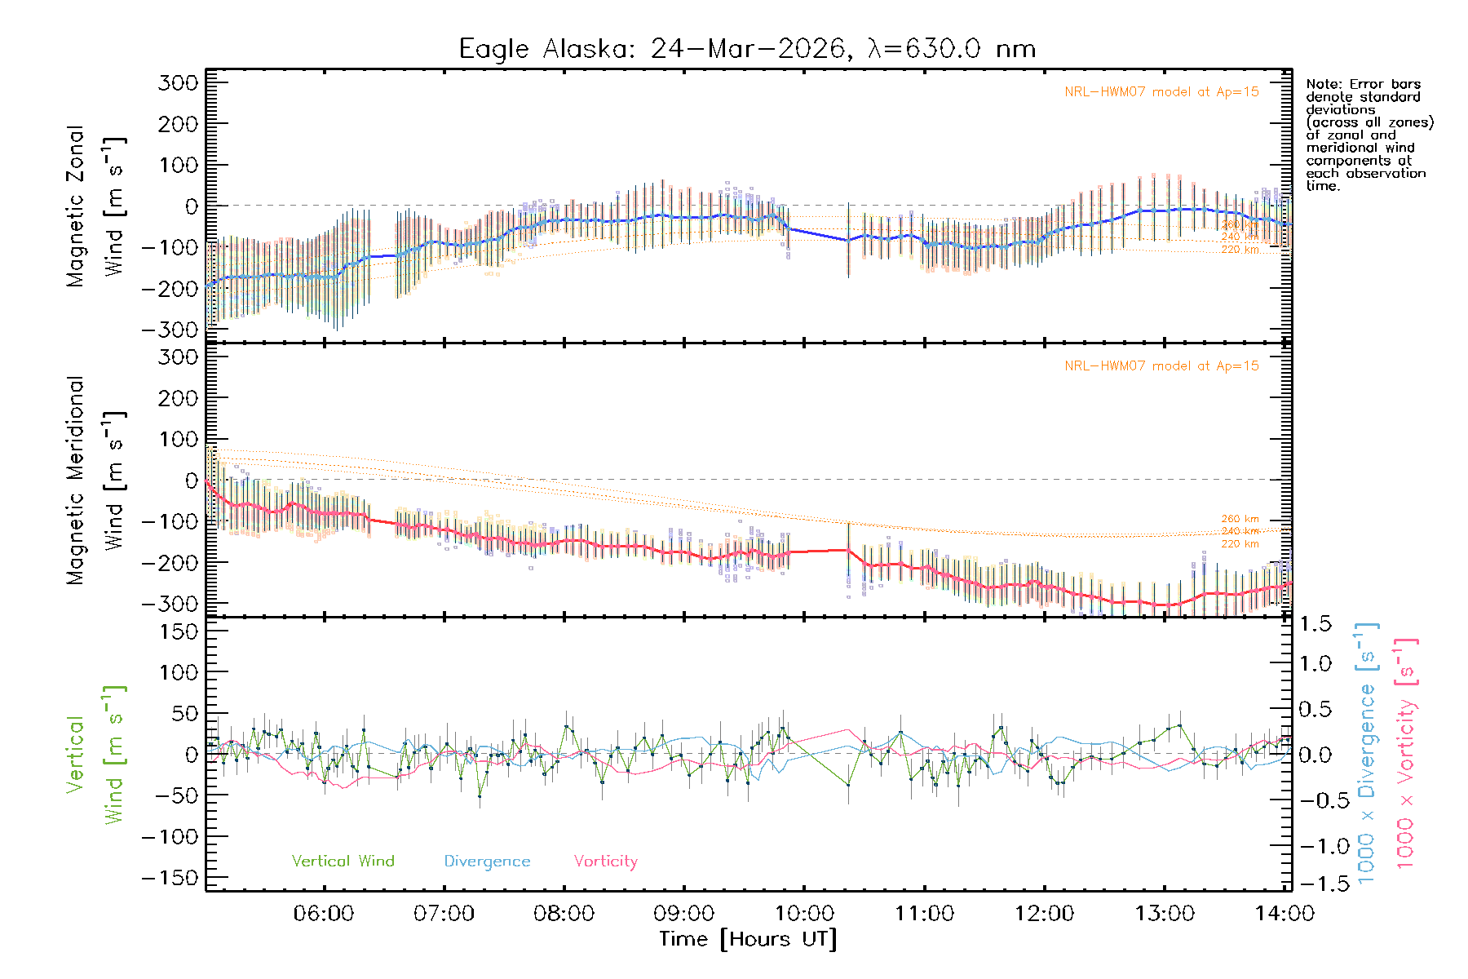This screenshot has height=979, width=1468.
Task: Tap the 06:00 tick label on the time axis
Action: click(324, 914)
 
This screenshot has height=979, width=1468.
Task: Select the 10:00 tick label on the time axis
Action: click(804, 914)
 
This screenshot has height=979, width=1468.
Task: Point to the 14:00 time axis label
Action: click(1284, 914)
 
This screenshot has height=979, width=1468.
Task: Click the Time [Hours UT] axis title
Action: click(748, 939)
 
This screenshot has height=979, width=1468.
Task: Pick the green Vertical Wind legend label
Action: click(343, 862)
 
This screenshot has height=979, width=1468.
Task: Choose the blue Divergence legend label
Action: click(487, 862)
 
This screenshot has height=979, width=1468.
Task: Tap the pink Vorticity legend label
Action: click(605, 862)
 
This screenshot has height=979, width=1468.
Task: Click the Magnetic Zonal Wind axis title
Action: click(95, 206)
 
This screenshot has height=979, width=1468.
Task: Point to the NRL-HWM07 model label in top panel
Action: click(1161, 92)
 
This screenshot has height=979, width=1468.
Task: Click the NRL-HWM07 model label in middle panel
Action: click(1161, 366)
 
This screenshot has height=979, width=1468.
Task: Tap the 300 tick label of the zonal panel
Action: click(178, 82)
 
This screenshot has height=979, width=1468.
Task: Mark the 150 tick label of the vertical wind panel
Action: click(178, 631)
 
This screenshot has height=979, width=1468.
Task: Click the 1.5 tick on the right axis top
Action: click(1315, 624)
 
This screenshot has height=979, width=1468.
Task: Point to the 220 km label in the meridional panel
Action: click(1240, 544)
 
